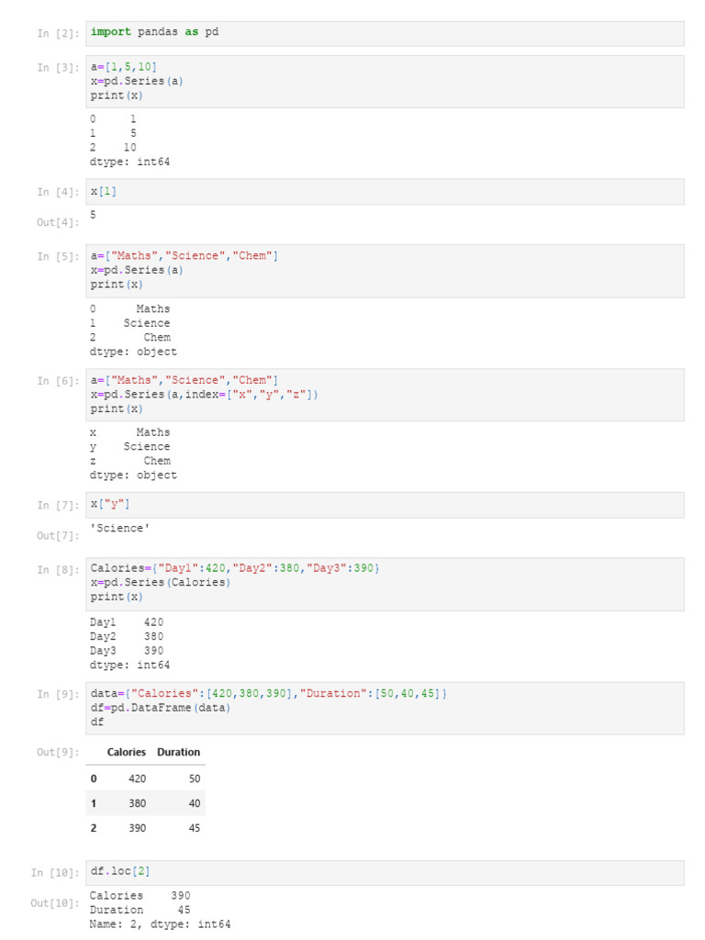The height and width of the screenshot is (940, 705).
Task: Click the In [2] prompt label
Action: (x=57, y=33)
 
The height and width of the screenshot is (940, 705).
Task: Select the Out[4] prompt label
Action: (x=57, y=223)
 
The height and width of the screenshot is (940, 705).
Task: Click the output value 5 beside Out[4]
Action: (x=93, y=215)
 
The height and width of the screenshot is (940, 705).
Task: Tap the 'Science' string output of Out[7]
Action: (x=119, y=529)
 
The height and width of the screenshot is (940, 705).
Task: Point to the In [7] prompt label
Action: (x=57, y=505)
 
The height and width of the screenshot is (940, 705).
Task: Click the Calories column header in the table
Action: (x=126, y=752)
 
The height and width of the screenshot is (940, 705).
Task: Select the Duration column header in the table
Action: (x=178, y=752)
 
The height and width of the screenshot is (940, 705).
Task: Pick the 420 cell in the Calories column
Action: (x=137, y=778)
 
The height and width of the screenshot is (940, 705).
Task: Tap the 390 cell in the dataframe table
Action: (x=137, y=828)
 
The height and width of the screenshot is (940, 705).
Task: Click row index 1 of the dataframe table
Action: (x=93, y=803)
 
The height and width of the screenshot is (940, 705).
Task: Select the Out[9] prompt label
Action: (x=57, y=753)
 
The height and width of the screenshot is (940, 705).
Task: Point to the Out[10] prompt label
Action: (x=54, y=903)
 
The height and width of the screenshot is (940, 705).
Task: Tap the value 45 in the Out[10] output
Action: (x=184, y=910)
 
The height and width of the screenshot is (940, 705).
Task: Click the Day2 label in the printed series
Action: (x=103, y=636)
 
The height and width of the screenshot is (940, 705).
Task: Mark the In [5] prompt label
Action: (x=57, y=257)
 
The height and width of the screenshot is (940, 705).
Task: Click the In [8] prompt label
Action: (x=57, y=570)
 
